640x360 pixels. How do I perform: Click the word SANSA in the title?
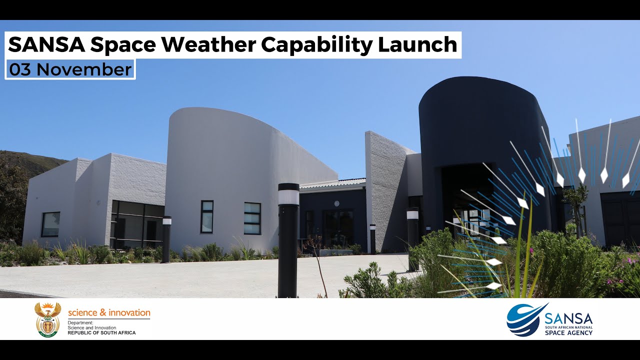click(x=45, y=45)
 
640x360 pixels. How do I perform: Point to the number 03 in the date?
click(x=20, y=70)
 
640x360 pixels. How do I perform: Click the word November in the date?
click(x=83, y=70)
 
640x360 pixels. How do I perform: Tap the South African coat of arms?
click(x=47, y=319)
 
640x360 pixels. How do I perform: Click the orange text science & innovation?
click(x=109, y=313)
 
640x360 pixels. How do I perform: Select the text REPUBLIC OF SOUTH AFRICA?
click(x=101, y=333)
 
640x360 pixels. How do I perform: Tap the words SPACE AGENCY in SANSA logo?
click(x=568, y=332)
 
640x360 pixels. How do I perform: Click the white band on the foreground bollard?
click(x=288, y=197)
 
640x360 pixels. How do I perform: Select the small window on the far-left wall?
click(x=50, y=224)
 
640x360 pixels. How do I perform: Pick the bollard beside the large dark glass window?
click(x=166, y=239)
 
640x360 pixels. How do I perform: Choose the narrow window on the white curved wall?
click(x=207, y=216)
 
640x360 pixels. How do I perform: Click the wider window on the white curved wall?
click(x=252, y=218)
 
